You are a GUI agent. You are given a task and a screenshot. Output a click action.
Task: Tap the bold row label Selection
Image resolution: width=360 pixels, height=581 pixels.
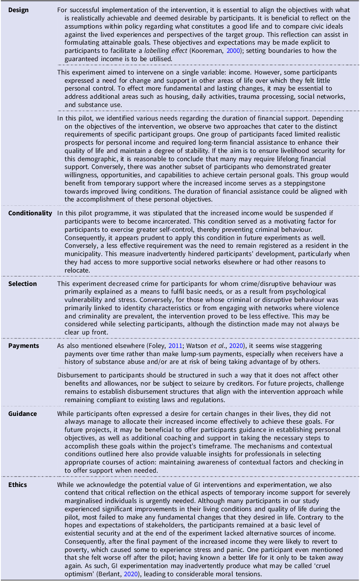(x=23, y=283)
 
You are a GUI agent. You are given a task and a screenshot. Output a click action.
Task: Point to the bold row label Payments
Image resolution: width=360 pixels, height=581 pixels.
(x=23, y=346)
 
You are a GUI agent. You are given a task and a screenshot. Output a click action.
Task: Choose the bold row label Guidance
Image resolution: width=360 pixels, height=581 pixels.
(x=23, y=413)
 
